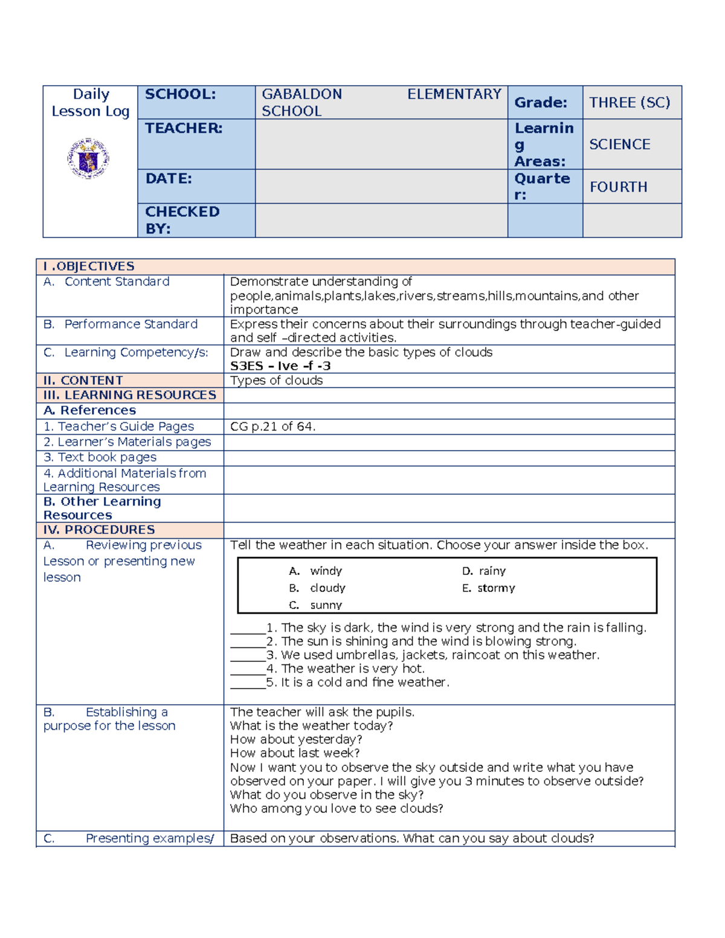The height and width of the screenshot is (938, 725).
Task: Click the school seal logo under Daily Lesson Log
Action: click(x=88, y=158)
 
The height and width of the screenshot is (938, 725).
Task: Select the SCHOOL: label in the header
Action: click(x=180, y=94)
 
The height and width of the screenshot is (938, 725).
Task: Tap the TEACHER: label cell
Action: click(x=184, y=128)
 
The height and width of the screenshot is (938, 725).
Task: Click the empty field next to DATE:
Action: click(x=381, y=186)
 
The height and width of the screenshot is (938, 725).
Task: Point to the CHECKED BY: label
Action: click(x=182, y=220)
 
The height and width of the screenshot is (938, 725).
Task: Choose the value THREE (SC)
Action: click(x=630, y=103)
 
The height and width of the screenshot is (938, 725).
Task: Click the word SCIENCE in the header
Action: click(x=619, y=144)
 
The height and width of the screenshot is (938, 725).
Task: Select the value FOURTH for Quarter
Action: click(x=618, y=187)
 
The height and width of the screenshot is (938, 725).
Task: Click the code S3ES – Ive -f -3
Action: click(x=280, y=366)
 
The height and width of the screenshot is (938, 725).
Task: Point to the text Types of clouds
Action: click(x=276, y=381)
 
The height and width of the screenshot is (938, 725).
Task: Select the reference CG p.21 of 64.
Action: click(x=272, y=426)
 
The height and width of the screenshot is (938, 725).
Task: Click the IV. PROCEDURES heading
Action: click(x=99, y=530)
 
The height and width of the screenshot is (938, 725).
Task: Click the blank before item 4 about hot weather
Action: click(x=248, y=669)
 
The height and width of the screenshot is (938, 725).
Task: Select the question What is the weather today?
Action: click(x=311, y=725)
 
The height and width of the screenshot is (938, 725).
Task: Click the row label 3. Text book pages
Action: click(x=100, y=457)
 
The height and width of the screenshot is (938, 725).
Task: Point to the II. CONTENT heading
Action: click(x=83, y=381)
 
